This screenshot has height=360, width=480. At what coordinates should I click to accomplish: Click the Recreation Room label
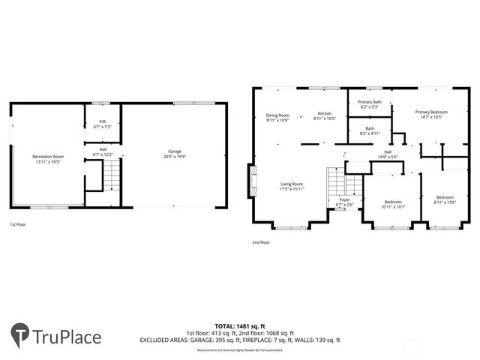[x=48, y=158]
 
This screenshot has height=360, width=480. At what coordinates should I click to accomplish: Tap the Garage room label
[x=174, y=154]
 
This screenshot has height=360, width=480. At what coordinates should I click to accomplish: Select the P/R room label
[x=102, y=124]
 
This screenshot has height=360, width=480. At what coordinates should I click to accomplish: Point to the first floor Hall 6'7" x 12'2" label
[x=102, y=151]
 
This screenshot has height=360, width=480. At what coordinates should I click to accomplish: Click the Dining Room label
[x=277, y=117]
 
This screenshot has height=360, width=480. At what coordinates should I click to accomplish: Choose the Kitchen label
[x=325, y=116]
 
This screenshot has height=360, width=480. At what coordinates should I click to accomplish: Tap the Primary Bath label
[x=369, y=104]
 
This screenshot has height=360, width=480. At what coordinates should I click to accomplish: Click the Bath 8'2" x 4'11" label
[x=370, y=130]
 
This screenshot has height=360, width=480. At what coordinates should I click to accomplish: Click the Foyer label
[x=344, y=202]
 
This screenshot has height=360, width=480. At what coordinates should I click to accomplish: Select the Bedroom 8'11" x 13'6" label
[x=444, y=199]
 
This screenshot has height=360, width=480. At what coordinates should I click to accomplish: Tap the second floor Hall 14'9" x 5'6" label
[x=388, y=154]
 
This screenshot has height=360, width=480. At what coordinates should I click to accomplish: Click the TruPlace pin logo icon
[x=21, y=336]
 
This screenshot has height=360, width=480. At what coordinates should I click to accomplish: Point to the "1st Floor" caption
[x=19, y=224]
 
